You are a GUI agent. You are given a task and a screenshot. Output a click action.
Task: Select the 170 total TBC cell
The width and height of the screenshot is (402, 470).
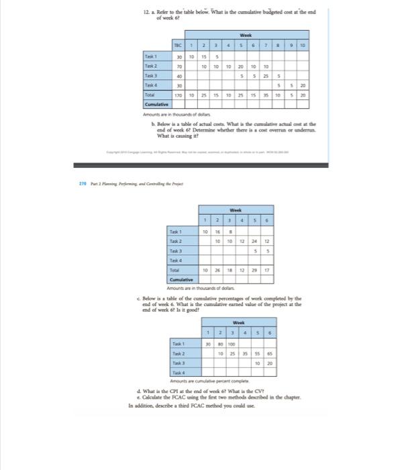(177, 96)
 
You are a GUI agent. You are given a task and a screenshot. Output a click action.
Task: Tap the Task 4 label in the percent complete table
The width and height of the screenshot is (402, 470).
(177, 371)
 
